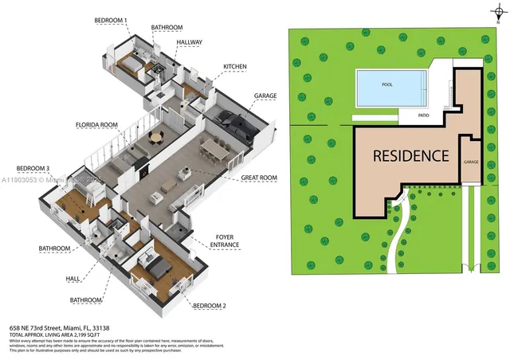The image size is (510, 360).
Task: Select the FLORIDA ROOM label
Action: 97,125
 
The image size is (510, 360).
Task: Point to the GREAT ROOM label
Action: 259,178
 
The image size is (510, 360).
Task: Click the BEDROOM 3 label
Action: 33,168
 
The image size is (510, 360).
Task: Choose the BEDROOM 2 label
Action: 209,305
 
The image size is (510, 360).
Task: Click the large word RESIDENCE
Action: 411,155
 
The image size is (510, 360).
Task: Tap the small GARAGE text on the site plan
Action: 471,162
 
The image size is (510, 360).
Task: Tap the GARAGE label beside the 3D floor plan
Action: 265,96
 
